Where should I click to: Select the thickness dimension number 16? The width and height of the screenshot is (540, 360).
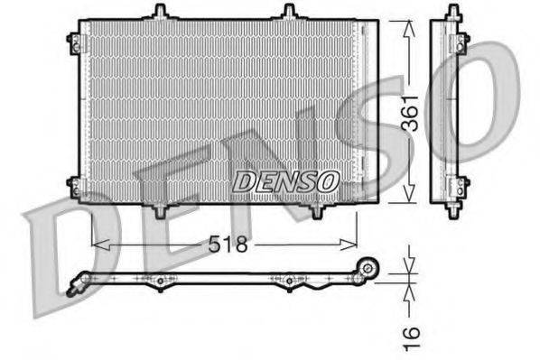click(411, 336)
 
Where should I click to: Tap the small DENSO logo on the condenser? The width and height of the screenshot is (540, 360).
click(285, 180)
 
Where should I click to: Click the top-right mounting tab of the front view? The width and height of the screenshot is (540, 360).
click(289, 12)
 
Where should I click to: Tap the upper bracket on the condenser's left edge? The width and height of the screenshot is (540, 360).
click(72, 38)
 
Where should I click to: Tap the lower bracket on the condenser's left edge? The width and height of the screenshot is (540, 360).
click(72, 187)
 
